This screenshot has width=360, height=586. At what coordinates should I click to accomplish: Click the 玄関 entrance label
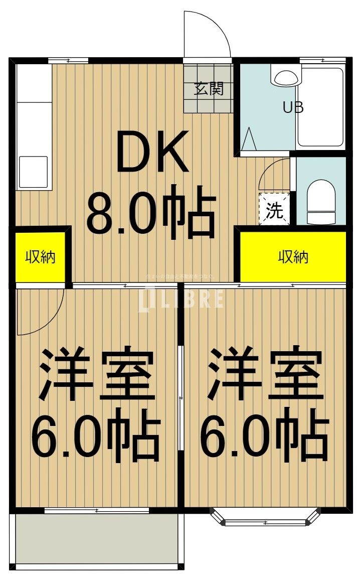pyautogui.click(x=209, y=89)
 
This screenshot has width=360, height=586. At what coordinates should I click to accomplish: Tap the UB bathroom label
pyautogui.click(x=293, y=108)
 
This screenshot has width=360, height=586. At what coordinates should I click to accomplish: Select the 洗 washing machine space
pyautogui.click(x=274, y=210)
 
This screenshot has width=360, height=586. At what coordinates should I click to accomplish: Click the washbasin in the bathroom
pyautogui.click(x=286, y=77)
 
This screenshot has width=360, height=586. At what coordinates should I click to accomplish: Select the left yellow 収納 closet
pyautogui.click(x=40, y=257)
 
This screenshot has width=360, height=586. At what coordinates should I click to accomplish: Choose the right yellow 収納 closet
pyautogui.click(x=293, y=257)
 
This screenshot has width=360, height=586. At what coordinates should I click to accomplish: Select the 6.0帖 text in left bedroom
pyautogui.click(x=95, y=434)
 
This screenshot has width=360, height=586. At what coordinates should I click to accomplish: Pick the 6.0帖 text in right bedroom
pyautogui.click(x=264, y=434)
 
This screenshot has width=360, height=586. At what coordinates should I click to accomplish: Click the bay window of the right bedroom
pyautogui.click(x=265, y=518)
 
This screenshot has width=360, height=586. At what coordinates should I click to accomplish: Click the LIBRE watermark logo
pyautogui.click(x=182, y=300)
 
